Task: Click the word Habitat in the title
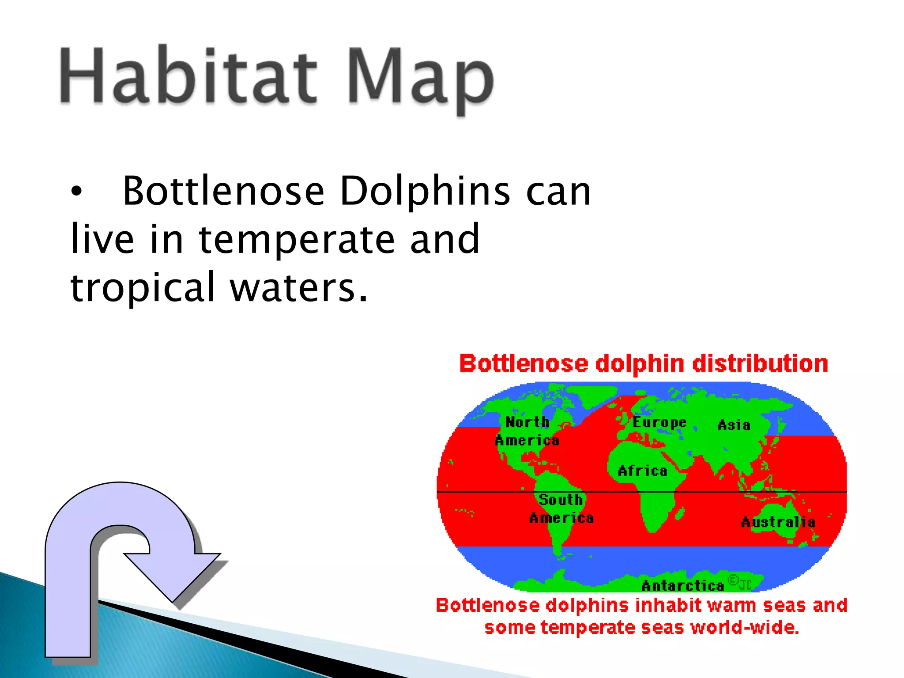(x=188, y=76)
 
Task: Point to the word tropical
(x=142, y=288)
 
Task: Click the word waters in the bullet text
(x=298, y=288)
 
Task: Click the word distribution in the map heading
(x=760, y=364)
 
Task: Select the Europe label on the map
(x=659, y=422)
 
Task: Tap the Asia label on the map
(x=734, y=425)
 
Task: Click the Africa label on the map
(x=642, y=471)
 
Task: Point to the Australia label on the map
(x=778, y=522)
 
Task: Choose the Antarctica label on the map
(x=682, y=586)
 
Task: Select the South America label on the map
(x=561, y=508)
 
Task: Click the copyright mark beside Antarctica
(x=733, y=580)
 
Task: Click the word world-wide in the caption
(x=744, y=627)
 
